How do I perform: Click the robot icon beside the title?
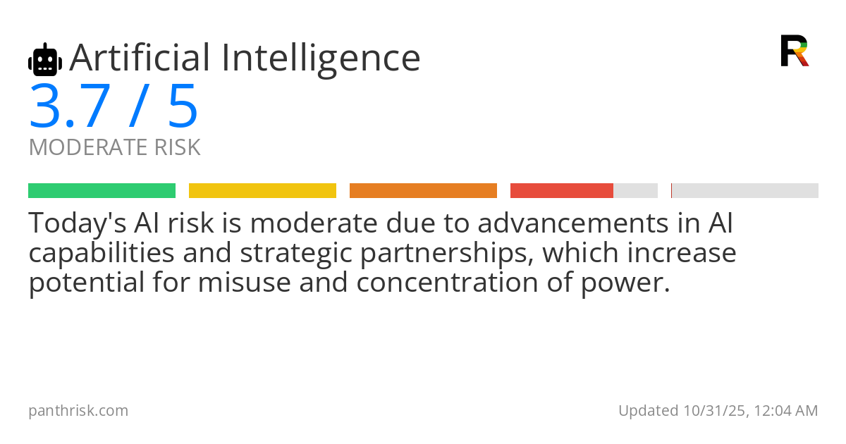45,59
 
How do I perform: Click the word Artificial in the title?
140,58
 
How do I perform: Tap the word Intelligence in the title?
321,60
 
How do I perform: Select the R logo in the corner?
795,51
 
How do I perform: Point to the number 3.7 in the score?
70,106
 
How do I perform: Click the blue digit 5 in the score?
183,106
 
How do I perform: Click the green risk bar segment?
102,191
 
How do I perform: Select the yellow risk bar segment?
262,191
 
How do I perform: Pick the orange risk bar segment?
423,191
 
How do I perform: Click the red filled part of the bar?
562,191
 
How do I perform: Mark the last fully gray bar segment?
744,191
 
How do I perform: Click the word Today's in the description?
78,223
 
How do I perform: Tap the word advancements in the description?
573,223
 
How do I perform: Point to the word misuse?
245,283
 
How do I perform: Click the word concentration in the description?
447,283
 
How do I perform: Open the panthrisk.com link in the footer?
78,411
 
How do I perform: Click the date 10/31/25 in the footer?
715,411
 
